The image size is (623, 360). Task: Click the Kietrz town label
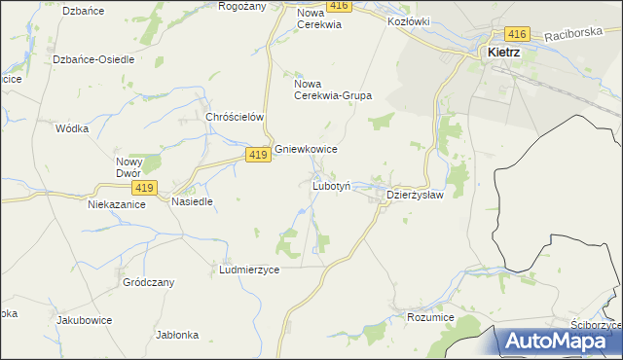[502, 54]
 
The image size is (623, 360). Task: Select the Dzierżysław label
[416, 195]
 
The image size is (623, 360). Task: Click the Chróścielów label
[236, 117]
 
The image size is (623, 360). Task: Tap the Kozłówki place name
[408, 20]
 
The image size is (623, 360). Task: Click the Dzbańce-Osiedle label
[93, 59]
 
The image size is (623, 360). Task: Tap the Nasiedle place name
[192, 201]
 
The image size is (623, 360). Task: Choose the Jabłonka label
[177, 335]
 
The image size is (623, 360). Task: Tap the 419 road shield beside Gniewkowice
[257, 155]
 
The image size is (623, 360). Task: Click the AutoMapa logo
[561, 341]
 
